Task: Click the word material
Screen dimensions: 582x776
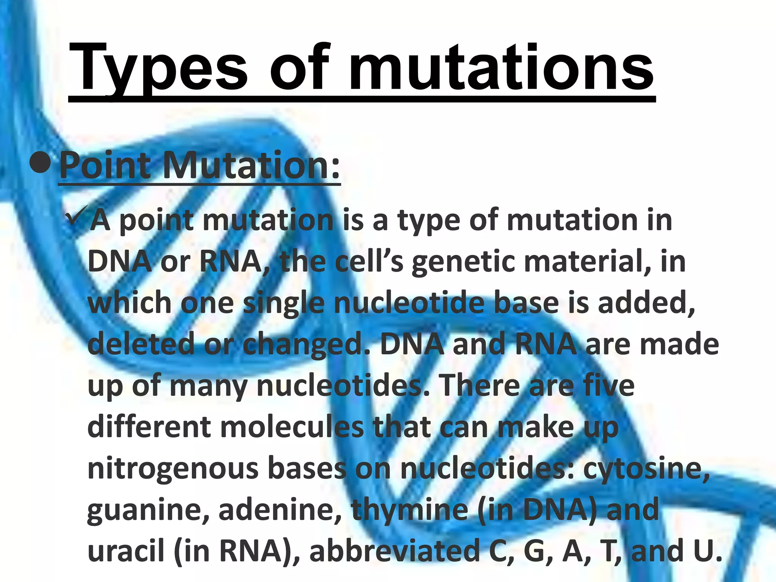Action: (587, 262)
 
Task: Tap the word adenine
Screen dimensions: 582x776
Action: (281, 510)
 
